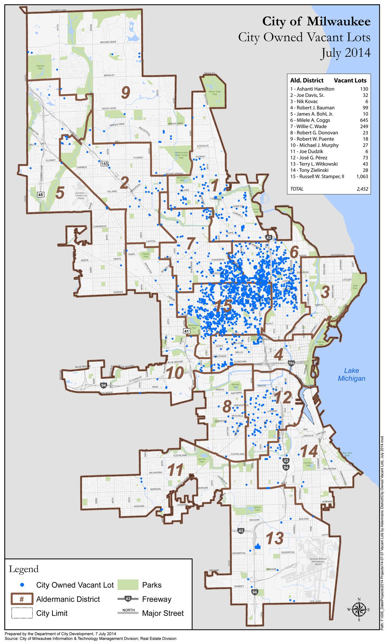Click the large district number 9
pos(125,93)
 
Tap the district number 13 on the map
pos(275,538)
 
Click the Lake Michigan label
pos(351,374)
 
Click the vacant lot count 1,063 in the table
pos(362,177)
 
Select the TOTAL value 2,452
pos(362,189)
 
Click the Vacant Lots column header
pos(350,81)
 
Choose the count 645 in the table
pos(364,120)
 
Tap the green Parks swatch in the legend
pos(128,585)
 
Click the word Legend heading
pos(24,569)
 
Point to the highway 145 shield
pos(104,164)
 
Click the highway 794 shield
pos(291,363)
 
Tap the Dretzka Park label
pos(40,67)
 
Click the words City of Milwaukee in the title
pos(316,22)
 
